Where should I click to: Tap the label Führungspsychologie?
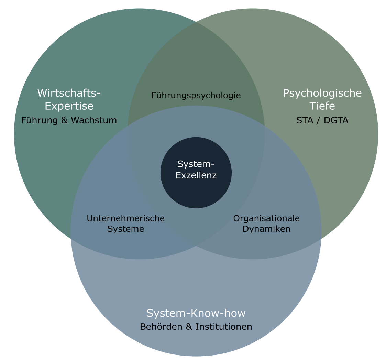(x=196, y=95)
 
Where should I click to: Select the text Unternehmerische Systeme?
(x=125, y=223)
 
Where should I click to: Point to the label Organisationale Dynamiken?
(x=266, y=223)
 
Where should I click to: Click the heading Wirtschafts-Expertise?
(x=69, y=99)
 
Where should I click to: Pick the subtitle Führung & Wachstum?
(x=69, y=120)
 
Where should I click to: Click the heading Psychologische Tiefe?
(x=322, y=99)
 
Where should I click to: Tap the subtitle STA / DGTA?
(x=322, y=120)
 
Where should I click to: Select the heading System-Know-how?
(x=196, y=313)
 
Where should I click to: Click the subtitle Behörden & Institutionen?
(x=196, y=326)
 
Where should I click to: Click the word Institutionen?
(x=224, y=326)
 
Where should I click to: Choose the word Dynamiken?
(x=266, y=229)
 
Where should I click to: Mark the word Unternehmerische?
(x=125, y=218)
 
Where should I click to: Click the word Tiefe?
(x=322, y=106)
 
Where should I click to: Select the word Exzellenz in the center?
(x=196, y=175)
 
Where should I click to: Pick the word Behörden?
(x=161, y=326)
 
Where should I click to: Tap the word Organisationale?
(x=266, y=218)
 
